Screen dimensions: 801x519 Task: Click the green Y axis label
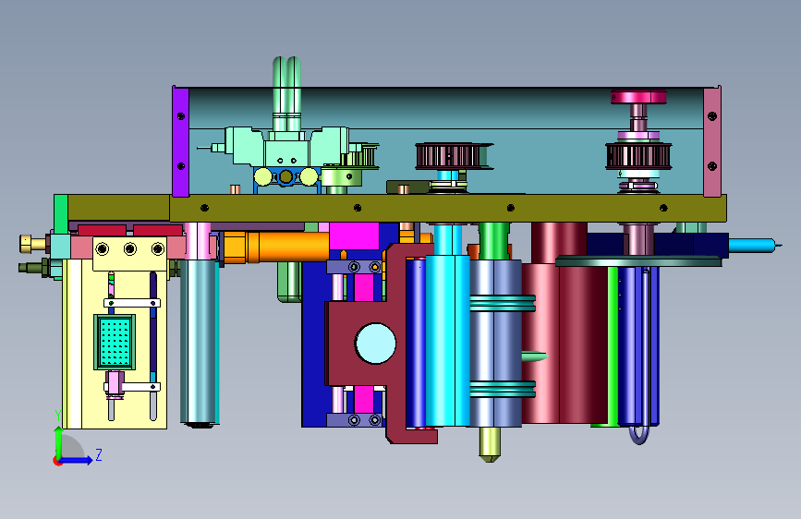58,416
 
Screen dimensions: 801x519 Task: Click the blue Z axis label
99,454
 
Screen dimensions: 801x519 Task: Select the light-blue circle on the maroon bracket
375,344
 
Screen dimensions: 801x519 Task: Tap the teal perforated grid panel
115,342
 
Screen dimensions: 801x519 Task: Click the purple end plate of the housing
181,141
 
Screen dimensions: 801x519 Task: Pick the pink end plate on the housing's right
712,141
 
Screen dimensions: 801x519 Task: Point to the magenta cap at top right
638,97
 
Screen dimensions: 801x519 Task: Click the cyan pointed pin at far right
755,246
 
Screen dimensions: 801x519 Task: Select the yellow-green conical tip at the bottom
490,444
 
